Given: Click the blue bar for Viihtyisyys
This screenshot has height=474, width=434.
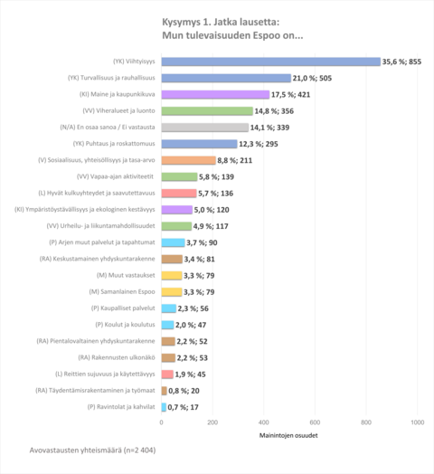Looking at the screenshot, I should coord(270,62).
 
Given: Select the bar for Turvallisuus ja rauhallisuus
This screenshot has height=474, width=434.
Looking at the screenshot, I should coord(226,78).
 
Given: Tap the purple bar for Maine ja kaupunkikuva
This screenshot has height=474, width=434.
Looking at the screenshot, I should coord(215,94).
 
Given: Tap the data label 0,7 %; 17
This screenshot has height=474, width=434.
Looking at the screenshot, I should coord(188,406).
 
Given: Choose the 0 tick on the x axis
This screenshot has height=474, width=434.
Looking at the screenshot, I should coord(162,422).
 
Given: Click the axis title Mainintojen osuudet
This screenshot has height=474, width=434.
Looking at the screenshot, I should coord(289,436).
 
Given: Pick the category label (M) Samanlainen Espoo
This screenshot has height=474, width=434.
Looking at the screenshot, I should coord(126,291).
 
